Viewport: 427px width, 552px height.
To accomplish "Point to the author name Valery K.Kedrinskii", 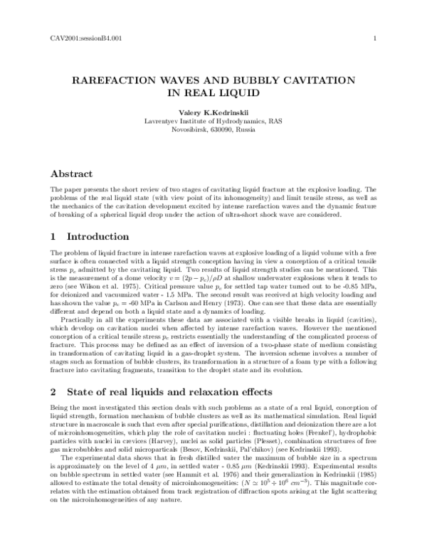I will tap(213, 112).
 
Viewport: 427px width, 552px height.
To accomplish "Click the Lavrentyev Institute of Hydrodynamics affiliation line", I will tap(213, 122).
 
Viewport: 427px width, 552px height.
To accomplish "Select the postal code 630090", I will tap(216, 131).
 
